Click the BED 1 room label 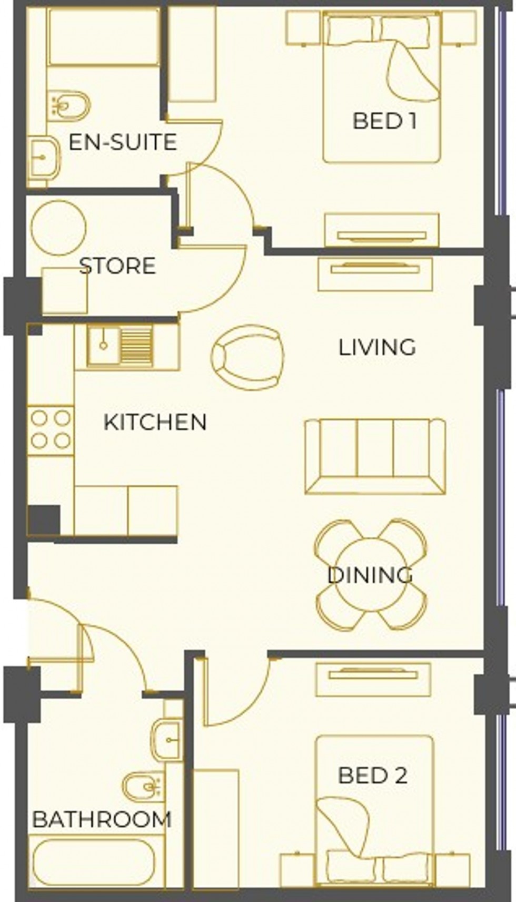(x=384, y=121)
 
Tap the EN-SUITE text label (x=122, y=142)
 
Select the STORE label (x=117, y=266)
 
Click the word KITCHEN (x=155, y=423)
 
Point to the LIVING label (x=377, y=348)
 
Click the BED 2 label (x=372, y=776)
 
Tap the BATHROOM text (x=102, y=819)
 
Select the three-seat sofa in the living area (x=375, y=456)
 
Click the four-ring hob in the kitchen (x=51, y=430)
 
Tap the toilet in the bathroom (x=143, y=787)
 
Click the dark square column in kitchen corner (x=44, y=520)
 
